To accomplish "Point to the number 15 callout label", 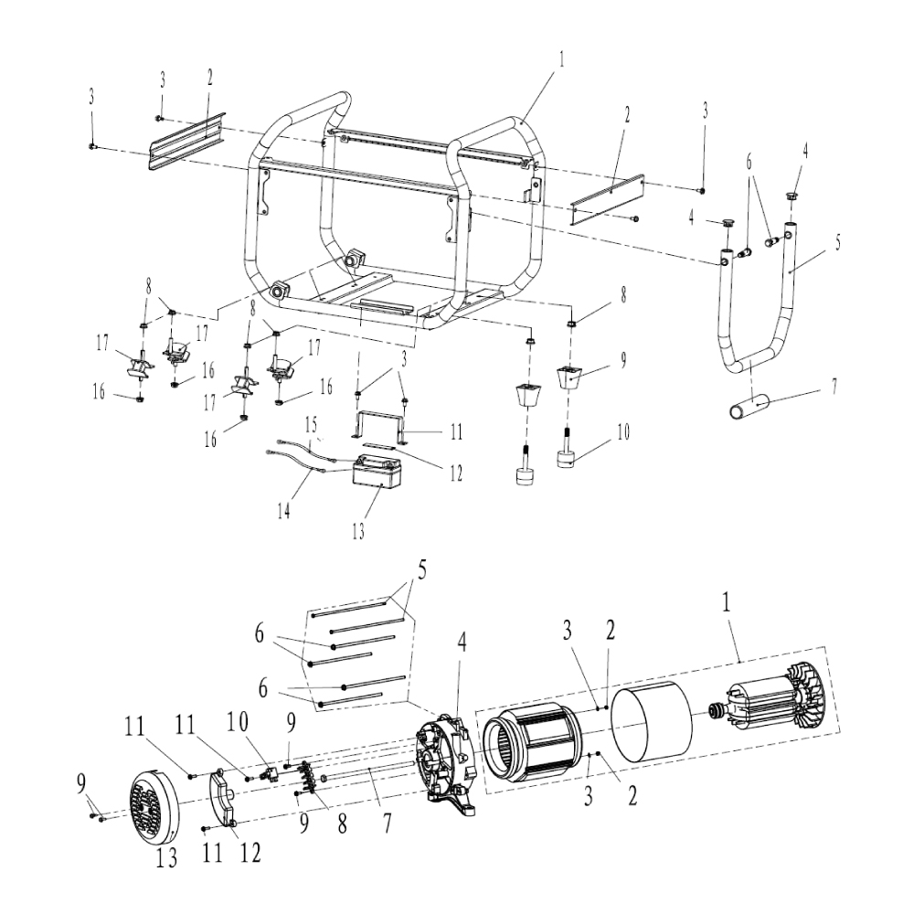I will (x=311, y=427).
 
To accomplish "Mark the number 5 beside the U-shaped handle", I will (x=839, y=245).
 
